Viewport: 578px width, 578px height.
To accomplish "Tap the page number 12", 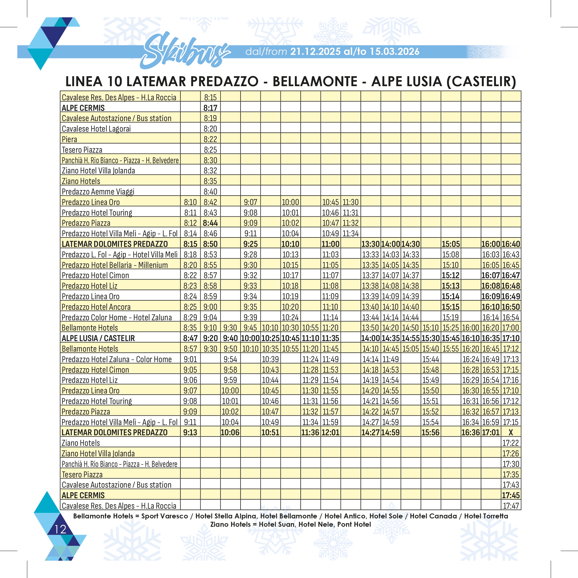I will coord(60,529).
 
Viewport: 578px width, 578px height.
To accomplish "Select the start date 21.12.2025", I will coord(315,52).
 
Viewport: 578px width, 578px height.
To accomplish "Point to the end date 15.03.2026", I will coord(394,52).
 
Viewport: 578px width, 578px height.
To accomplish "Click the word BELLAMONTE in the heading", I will coord(315,81).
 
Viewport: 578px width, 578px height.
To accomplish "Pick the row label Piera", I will coord(69,139).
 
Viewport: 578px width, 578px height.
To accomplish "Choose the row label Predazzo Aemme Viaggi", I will coord(98,191).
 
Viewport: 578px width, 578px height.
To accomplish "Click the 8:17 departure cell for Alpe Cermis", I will coord(210,108).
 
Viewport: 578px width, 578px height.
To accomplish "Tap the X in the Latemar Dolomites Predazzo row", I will coord(511,432).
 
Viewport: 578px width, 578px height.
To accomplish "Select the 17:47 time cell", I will coord(511,506).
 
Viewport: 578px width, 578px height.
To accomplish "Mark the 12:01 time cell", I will coord(331,432).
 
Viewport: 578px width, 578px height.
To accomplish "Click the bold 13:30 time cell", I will coord(370,244).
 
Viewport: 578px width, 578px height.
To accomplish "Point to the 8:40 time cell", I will coord(210,191).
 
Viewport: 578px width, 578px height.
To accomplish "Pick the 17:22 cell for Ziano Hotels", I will coord(511,443).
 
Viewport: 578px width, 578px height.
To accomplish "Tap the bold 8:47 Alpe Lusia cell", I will coord(190,338).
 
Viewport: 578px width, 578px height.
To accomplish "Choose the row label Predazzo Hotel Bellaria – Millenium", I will coord(115,265).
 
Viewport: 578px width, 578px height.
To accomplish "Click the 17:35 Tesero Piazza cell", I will coord(511,474).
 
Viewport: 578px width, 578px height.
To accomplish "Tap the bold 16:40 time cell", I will coord(511,244).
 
